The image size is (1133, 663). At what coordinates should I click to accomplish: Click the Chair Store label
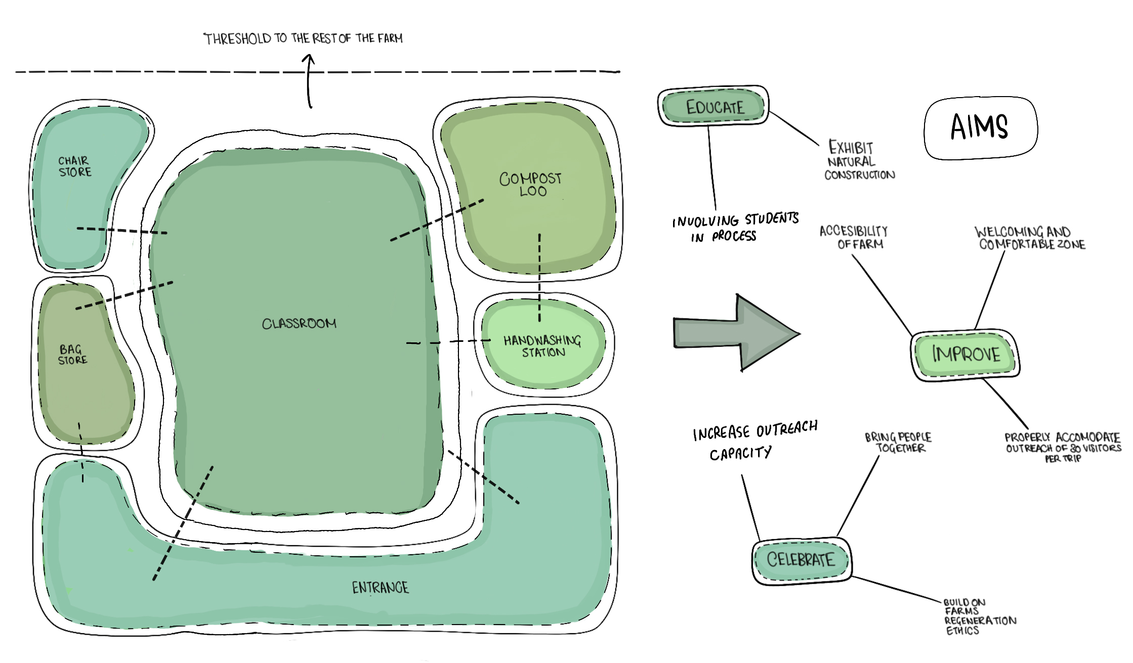click(75, 166)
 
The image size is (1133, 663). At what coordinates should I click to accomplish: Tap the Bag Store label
click(72, 355)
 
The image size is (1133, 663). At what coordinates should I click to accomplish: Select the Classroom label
click(299, 324)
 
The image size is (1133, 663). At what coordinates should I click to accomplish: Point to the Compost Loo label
click(530, 184)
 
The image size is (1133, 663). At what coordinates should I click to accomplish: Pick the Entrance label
click(380, 587)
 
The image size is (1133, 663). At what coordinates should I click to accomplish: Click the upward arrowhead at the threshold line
click(308, 61)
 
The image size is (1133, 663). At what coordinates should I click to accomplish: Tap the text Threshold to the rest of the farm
click(303, 38)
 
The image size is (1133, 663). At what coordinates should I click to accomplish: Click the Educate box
click(714, 106)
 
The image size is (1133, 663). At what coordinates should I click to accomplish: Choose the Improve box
click(966, 354)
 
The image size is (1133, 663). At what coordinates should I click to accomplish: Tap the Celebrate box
click(801, 560)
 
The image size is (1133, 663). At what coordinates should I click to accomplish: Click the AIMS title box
click(980, 127)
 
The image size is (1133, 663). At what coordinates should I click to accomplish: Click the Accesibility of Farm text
click(854, 237)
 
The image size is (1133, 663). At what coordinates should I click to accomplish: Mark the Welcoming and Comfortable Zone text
click(1029, 238)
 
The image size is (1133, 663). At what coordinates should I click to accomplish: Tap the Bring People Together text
click(898, 443)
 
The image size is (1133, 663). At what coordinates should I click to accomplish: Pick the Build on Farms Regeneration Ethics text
click(977, 616)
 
